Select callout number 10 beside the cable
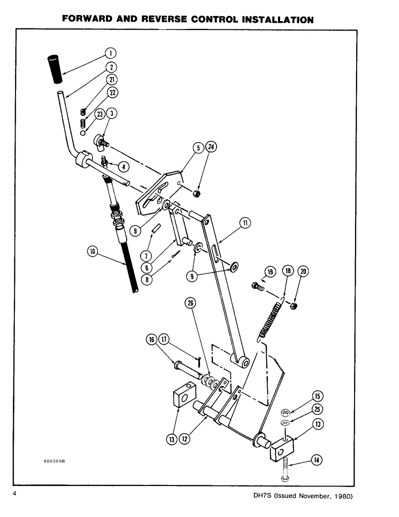(x=94, y=252)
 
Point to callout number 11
(x=244, y=223)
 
